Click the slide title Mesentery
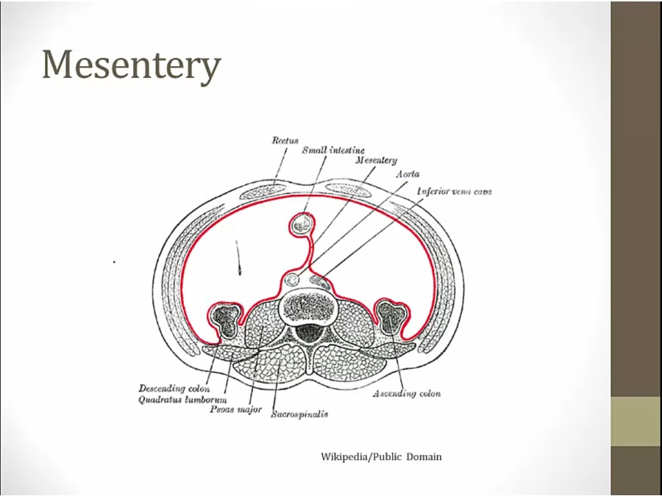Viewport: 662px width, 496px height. (131, 65)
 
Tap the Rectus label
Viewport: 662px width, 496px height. (285, 140)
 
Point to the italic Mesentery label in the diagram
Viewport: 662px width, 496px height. (376, 160)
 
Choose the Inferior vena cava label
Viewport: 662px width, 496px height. (453, 192)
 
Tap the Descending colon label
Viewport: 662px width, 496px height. (174, 387)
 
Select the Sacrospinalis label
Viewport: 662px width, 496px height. (299, 414)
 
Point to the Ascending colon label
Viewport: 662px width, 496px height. (406, 394)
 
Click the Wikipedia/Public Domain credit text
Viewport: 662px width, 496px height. (381, 456)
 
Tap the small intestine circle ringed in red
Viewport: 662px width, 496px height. (302, 223)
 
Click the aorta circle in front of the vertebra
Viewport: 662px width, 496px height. (293, 279)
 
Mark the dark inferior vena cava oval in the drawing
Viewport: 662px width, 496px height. (319, 280)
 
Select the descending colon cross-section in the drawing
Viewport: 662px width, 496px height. (225, 317)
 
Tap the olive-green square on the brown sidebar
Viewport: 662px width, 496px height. (636, 421)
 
